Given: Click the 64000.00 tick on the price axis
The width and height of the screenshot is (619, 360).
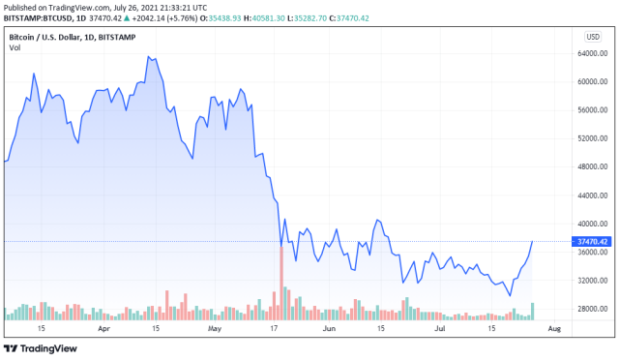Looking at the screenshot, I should [591, 53].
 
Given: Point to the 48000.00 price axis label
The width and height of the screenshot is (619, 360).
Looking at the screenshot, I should [591, 166].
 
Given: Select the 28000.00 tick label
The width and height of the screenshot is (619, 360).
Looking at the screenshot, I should [591, 309].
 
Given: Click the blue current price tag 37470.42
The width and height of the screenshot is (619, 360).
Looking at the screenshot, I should [591, 241].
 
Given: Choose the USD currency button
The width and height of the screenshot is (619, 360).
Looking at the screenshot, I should [592, 37].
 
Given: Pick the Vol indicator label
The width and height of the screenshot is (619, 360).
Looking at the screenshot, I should [15, 48].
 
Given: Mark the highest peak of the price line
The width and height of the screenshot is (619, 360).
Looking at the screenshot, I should [149, 56].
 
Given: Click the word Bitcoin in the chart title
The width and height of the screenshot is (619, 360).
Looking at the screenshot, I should [24, 37].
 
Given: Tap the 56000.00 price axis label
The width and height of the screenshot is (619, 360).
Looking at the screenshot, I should [591, 110].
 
